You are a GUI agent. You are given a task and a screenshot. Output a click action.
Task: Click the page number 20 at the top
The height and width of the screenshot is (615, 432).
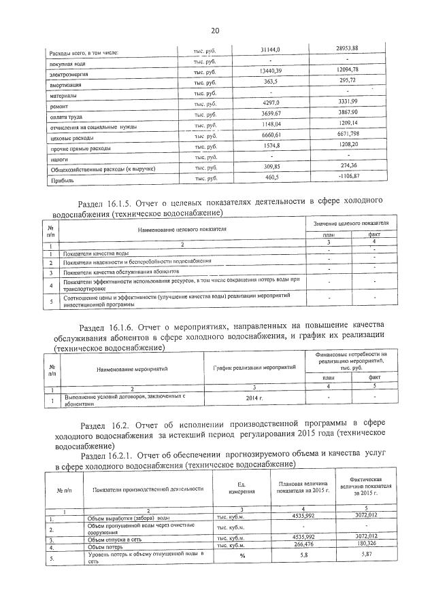tap(216, 31)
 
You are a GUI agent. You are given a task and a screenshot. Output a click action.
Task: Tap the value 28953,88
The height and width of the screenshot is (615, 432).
tap(347, 48)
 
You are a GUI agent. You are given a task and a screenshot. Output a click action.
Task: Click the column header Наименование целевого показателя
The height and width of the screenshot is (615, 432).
tap(182, 230)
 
